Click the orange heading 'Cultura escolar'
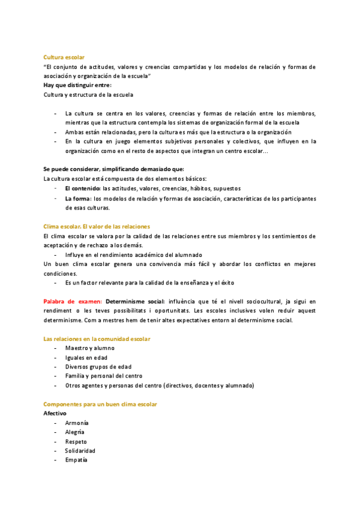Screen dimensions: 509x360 (x=64, y=57)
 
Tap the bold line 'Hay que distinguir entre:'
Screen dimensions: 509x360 (x=77, y=85)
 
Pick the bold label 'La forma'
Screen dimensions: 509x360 (x=78, y=198)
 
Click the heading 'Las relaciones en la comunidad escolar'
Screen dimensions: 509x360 (x=97, y=339)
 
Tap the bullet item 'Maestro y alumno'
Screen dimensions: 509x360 (x=89, y=348)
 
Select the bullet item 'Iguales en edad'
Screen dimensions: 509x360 (x=86, y=358)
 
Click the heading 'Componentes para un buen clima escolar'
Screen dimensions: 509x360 (x=100, y=405)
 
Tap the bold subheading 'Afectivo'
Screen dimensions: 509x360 (x=55, y=414)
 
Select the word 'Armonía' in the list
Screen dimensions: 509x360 (x=77, y=423)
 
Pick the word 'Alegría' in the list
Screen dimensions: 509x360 (x=75, y=432)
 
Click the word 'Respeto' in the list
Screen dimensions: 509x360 (x=76, y=442)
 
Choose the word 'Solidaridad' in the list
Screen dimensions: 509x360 (x=80, y=451)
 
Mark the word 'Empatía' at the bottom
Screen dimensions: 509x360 (x=76, y=460)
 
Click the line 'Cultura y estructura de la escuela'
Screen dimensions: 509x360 (x=88, y=95)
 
